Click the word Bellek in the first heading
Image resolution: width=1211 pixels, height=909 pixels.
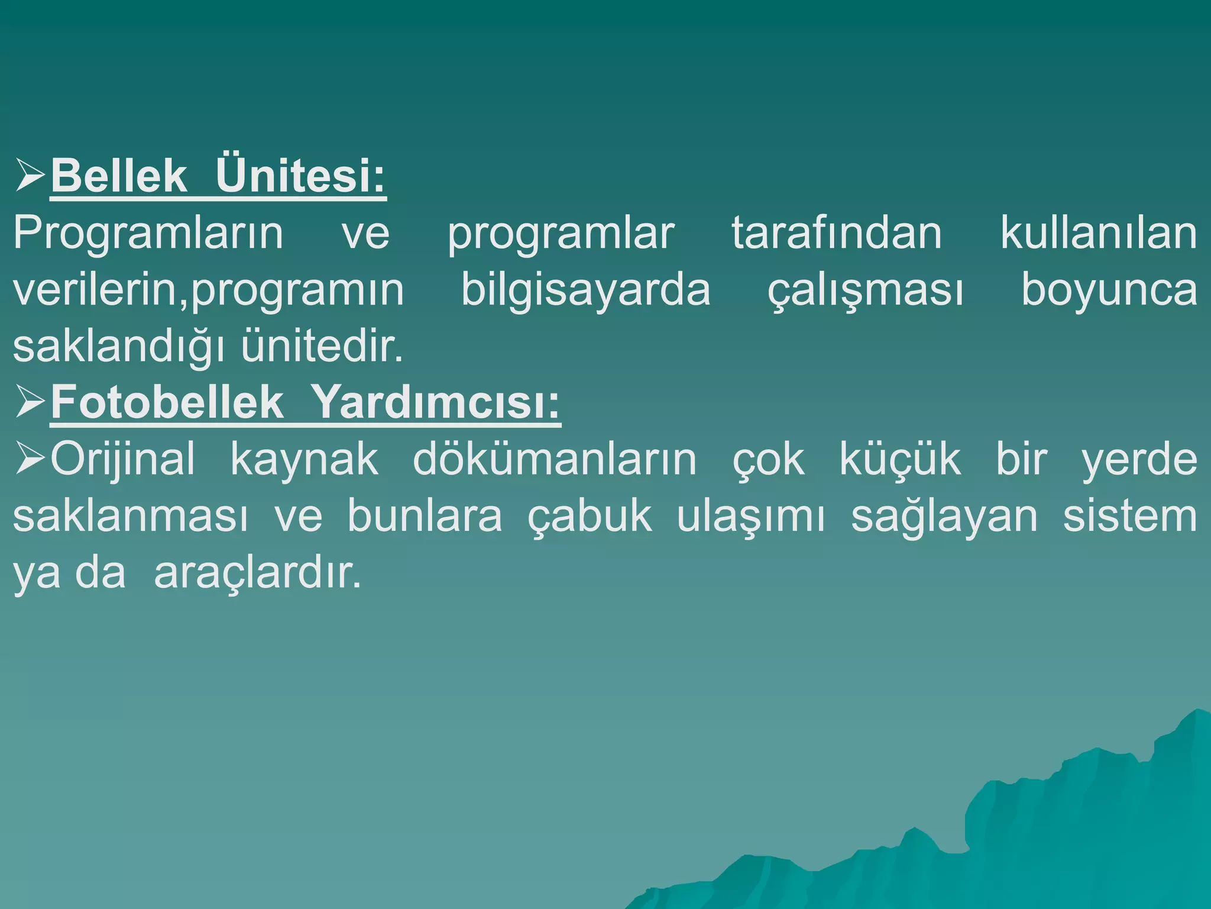(119, 176)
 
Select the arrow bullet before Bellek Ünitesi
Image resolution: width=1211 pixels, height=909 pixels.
(30, 176)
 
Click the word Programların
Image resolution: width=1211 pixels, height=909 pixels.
(148, 233)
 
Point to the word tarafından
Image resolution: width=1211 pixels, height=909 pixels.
(836, 233)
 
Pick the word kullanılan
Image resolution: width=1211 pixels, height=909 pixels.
(1099, 233)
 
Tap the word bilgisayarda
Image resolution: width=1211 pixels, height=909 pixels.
(585, 290)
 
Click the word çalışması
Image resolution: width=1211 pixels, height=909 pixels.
(865, 290)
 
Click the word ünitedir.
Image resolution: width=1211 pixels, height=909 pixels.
(322, 346)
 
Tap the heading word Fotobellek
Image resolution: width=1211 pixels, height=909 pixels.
(167, 402)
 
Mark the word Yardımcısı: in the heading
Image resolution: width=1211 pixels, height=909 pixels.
(435, 402)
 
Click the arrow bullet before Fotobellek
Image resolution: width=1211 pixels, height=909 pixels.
(30, 402)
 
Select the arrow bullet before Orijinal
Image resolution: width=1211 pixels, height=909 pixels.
(30, 459)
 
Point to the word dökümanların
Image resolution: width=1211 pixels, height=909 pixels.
(555, 459)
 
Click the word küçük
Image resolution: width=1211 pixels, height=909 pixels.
(900, 459)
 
